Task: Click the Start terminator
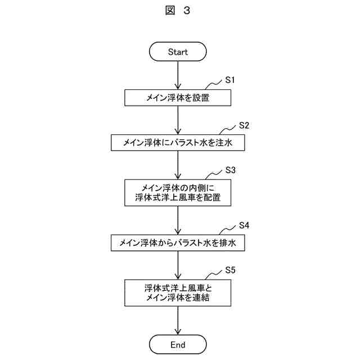click(x=178, y=52)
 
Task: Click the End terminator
click(x=178, y=344)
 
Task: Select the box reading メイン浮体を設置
click(x=178, y=98)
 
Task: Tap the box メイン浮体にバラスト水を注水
click(x=178, y=143)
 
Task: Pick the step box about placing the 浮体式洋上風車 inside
click(x=178, y=192)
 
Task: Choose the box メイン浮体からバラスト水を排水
click(x=178, y=243)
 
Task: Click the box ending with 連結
click(x=178, y=293)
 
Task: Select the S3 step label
click(x=230, y=170)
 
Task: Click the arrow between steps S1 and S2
click(x=178, y=120)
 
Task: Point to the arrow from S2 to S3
click(x=178, y=165)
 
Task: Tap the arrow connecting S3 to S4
click(x=178, y=220)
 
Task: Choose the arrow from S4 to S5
click(x=178, y=265)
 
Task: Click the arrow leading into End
click(x=178, y=321)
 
